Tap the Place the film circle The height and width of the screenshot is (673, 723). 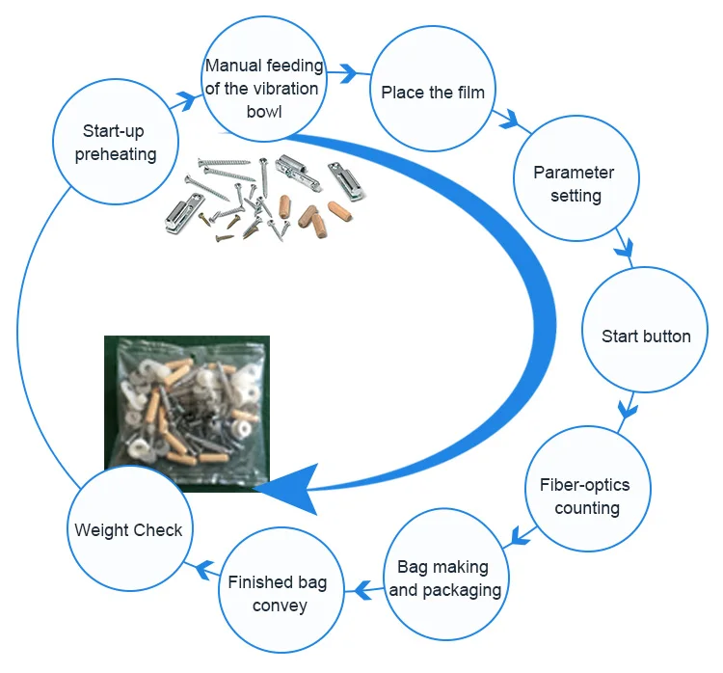tap(432, 93)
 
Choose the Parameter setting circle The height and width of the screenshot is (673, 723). tap(575, 183)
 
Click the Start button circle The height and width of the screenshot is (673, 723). tap(645, 336)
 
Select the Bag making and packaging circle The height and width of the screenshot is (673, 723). tap(445, 578)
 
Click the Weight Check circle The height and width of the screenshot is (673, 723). tap(128, 529)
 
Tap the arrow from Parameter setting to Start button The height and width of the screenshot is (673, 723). tap(625, 253)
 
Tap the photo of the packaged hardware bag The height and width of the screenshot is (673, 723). tap(186, 413)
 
